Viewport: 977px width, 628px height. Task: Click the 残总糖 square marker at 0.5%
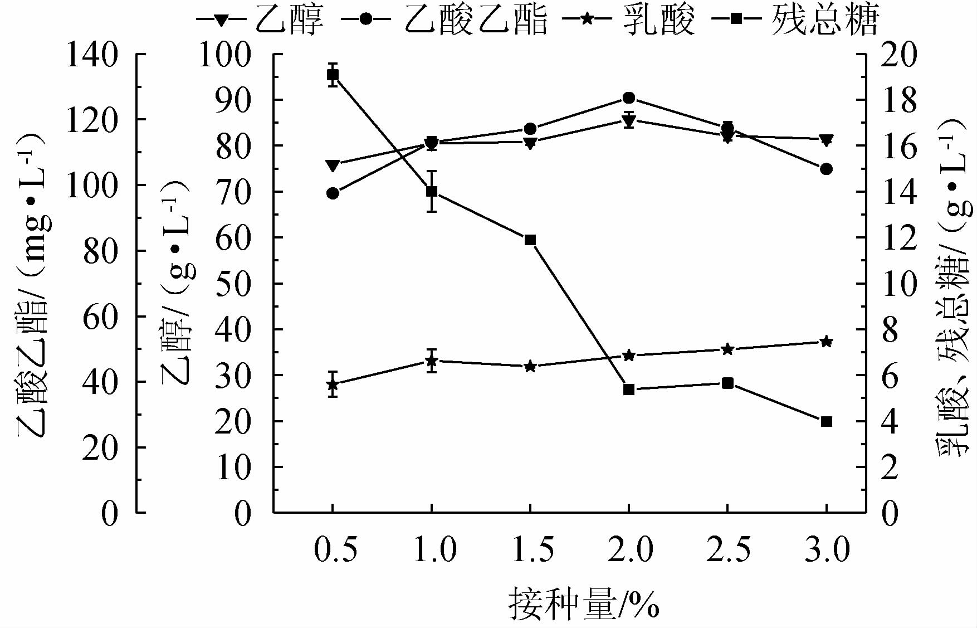click(333, 75)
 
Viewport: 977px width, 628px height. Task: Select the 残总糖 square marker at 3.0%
click(826, 421)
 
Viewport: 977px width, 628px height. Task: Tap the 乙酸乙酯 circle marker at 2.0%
click(629, 98)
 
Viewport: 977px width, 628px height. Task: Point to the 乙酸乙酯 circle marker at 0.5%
click(333, 193)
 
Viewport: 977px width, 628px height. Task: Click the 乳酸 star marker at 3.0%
click(826, 342)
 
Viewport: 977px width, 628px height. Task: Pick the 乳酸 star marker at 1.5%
click(530, 366)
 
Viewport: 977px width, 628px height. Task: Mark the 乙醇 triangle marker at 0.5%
click(333, 165)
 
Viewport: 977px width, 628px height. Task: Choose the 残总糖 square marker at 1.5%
click(530, 240)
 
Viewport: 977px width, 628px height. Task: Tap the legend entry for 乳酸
click(629, 20)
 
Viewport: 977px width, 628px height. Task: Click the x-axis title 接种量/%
click(583, 604)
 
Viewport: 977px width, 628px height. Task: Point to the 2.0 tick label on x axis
click(629, 549)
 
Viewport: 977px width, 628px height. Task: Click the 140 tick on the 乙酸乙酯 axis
click(92, 55)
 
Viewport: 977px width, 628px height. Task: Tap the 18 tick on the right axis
click(898, 100)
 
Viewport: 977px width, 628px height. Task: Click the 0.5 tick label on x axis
click(334, 549)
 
